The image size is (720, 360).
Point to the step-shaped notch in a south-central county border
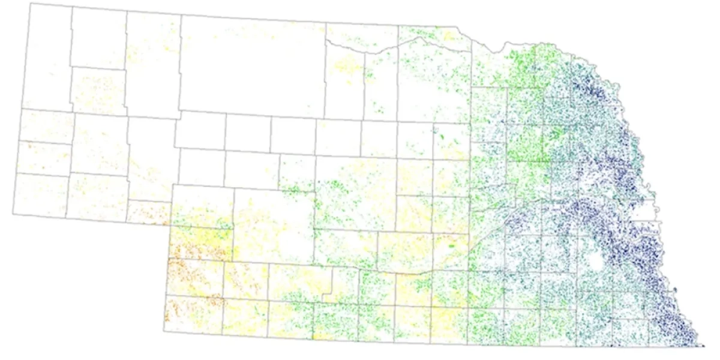[327, 294]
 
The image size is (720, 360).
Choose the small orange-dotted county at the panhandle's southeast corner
[150, 212]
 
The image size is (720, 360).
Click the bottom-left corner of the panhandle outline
[13, 214]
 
